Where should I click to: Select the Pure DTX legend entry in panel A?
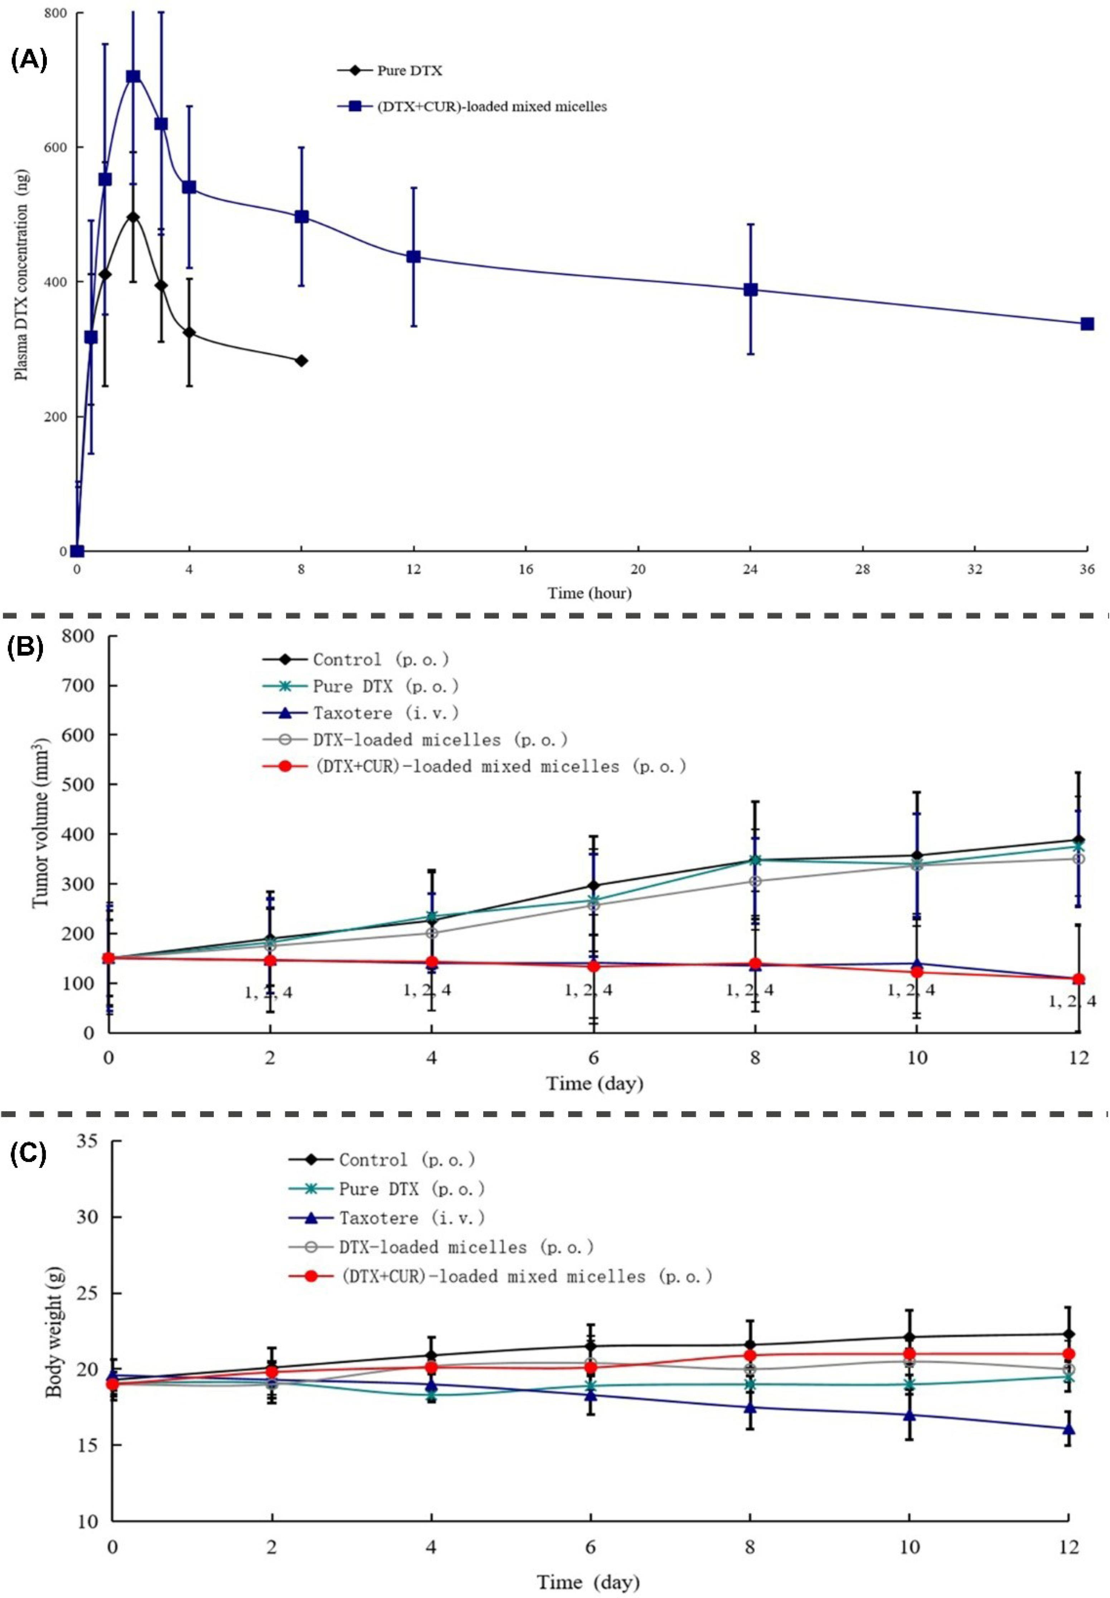(389, 71)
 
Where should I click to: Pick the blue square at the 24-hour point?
(750, 290)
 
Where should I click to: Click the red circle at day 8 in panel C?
(750, 1355)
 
